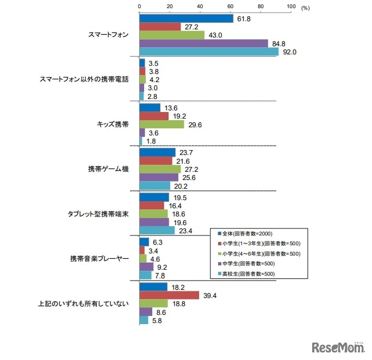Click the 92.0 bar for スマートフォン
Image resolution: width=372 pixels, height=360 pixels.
click(209, 52)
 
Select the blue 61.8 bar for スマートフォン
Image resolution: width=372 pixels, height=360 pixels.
click(186, 18)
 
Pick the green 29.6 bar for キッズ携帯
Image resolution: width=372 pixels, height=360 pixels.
click(162, 124)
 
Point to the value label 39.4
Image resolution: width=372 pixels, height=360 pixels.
click(209, 295)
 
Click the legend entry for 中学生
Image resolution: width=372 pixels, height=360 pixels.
click(243, 264)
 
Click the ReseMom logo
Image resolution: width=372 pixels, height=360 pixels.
click(337, 346)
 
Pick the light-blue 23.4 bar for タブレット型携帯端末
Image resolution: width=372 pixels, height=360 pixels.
click(157, 230)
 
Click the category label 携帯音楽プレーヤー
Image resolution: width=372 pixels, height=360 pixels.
click(100, 258)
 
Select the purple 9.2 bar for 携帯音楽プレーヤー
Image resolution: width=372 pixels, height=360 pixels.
click(147, 266)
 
